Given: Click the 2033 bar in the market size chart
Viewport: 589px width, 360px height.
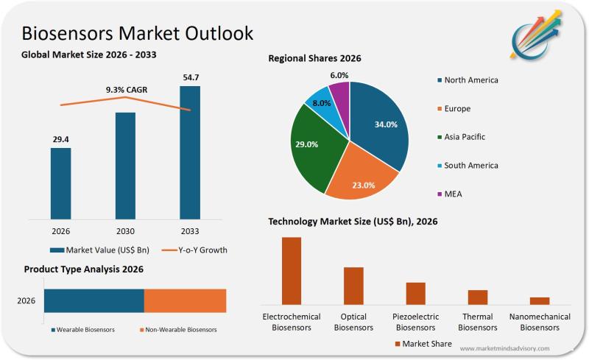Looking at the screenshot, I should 190,152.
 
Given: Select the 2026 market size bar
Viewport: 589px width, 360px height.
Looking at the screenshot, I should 61,183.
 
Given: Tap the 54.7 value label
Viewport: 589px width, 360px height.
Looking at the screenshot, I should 190,77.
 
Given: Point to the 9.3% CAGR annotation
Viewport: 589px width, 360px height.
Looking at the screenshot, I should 127,90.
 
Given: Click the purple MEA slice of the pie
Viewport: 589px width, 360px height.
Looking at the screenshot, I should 340,93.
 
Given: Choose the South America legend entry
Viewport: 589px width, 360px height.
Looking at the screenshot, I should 470,166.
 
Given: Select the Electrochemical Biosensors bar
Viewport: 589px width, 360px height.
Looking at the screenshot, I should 292,270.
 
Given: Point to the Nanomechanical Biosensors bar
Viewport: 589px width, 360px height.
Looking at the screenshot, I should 540,300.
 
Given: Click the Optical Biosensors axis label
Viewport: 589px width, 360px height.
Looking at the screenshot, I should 353,322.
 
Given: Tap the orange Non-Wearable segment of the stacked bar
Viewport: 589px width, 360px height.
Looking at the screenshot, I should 185,300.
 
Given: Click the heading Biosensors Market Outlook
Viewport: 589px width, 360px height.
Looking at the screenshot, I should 138,33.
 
